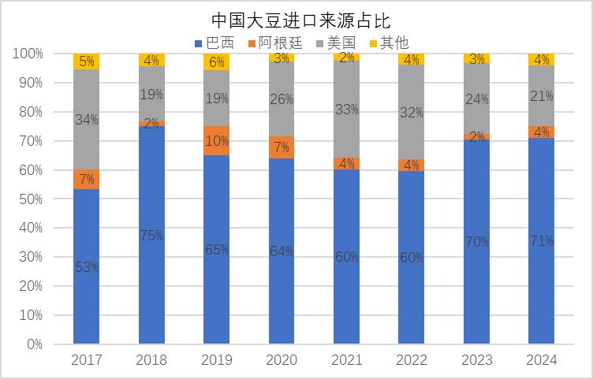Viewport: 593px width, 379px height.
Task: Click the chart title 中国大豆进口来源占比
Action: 300,20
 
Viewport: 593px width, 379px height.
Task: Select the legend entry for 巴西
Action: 214,43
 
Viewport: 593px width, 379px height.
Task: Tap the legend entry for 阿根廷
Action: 275,43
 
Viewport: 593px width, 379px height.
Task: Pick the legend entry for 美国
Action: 336,43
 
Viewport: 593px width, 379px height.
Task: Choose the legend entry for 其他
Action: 390,43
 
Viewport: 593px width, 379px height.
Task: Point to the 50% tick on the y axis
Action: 31,199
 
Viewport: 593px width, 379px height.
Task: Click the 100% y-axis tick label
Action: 28,54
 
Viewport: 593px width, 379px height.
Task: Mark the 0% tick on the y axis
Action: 35,344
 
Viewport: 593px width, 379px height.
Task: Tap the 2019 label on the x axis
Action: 216,360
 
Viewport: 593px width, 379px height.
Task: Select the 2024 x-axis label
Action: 541,360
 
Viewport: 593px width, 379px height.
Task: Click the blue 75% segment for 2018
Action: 151,235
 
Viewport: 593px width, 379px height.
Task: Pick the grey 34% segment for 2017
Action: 86,120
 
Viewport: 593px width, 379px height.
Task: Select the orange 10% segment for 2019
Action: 216,140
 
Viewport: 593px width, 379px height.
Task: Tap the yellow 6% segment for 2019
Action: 216,62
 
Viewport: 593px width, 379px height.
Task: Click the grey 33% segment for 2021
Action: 346,110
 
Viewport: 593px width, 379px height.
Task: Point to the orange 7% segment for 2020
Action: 282,147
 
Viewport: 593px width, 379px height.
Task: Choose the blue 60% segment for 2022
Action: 411,258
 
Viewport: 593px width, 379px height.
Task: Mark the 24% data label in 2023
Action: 477,99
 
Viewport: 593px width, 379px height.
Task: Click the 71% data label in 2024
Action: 542,240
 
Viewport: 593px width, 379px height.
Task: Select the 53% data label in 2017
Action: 87,267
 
